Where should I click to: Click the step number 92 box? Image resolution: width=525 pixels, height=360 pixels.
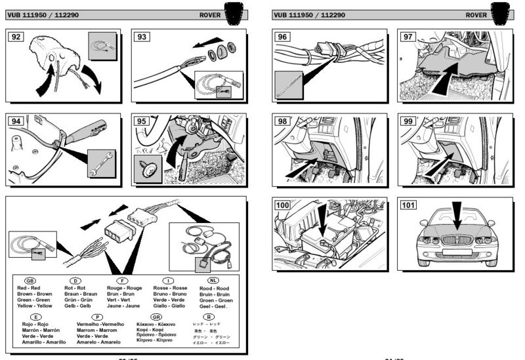pos(15,37)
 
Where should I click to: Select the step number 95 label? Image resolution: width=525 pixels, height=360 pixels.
pos(141,121)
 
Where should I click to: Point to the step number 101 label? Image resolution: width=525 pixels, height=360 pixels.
pos(408,205)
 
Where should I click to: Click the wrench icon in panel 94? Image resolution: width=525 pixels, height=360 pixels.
pos(102,163)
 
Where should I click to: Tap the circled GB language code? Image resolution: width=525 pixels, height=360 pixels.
pos(30,280)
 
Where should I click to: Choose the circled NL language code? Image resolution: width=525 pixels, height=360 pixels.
pos(203,280)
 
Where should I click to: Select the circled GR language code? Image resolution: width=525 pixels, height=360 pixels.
pos(156,316)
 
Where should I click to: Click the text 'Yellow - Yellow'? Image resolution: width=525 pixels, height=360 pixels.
pos(35,306)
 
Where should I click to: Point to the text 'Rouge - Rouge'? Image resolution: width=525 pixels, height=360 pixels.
pos(124,288)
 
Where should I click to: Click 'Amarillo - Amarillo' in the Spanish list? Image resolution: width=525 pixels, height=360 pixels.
pos(39,342)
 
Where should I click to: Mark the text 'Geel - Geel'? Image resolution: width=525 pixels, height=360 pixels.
pos(213,306)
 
